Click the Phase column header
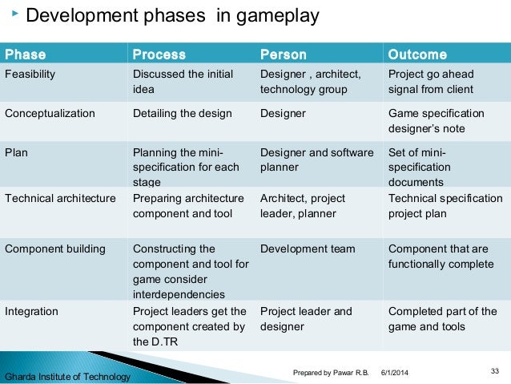pyautogui.click(x=26, y=55)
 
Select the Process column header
pyautogui.click(x=159, y=55)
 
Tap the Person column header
pyautogui.click(x=284, y=55)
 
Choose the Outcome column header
pyautogui.click(x=417, y=55)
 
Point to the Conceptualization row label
pyautogui.click(x=50, y=113)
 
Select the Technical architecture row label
pyautogui.click(x=60, y=198)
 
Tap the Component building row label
pyautogui.click(x=55, y=249)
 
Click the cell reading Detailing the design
pyautogui.click(x=182, y=113)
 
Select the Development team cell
pyautogui.click(x=308, y=249)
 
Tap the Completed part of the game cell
pyautogui.click(x=442, y=318)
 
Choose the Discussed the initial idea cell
pyautogui.click(x=183, y=82)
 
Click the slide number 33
pyautogui.click(x=493, y=370)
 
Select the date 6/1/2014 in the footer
pyautogui.click(x=394, y=372)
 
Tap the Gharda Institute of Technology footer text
pyautogui.click(x=67, y=377)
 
